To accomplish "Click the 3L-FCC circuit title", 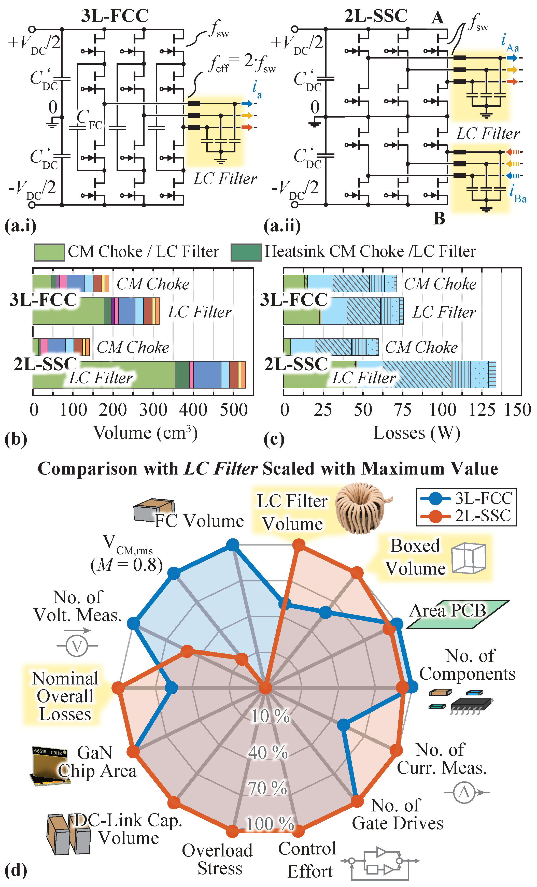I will click(115, 16).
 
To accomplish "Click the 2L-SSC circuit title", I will click(375, 16).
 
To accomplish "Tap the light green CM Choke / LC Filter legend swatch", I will click(49, 252).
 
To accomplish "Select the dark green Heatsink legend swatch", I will click(246, 252).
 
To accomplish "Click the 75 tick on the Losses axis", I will click(402, 410).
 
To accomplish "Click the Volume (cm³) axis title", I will click(146, 433).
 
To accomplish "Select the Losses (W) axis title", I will click(417, 433).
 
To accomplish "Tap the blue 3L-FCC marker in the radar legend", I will click(435, 498).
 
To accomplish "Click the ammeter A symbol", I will click(464, 792).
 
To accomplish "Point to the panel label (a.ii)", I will click(282, 226).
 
